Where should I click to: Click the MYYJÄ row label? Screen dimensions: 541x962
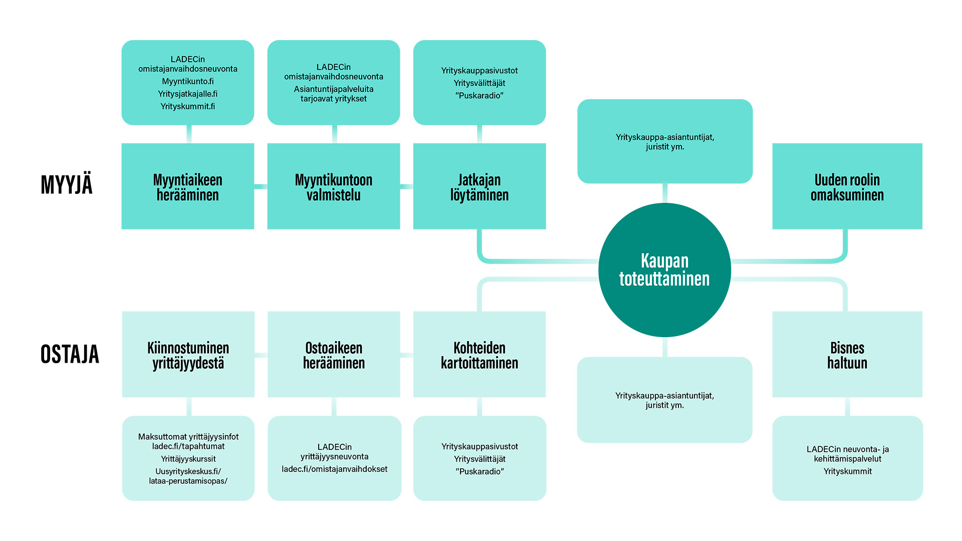point(67,184)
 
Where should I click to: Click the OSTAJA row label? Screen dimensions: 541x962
point(70,354)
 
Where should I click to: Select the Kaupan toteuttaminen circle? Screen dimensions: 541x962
point(664,270)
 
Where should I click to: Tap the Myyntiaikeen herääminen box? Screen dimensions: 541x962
point(187,186)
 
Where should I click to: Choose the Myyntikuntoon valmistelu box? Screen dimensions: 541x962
point(333,186)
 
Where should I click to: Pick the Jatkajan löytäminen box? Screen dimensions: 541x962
point(479,186)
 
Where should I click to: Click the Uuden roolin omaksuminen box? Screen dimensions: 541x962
point(847,186)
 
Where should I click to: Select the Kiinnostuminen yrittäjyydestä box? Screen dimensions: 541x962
point(188,355)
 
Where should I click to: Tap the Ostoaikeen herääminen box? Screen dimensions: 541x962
point(334,355)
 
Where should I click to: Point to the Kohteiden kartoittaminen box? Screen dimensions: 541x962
point(479,355)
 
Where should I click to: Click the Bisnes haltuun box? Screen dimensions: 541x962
point(847,355)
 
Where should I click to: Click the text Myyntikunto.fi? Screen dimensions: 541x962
point(187,81)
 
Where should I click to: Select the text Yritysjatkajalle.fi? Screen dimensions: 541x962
point(187,94)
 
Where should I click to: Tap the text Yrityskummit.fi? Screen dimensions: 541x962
point(187,106)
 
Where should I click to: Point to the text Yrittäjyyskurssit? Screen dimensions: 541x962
point(188,459)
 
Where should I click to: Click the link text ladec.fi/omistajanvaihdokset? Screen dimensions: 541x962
point(334,469)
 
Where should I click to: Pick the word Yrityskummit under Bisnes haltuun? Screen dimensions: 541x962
point(847,471)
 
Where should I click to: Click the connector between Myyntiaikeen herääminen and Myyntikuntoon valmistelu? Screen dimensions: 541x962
point(261,186)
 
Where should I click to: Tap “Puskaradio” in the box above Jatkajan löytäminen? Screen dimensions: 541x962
point(479,96)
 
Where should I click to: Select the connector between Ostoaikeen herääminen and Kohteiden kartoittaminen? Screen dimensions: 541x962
point(406,355)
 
